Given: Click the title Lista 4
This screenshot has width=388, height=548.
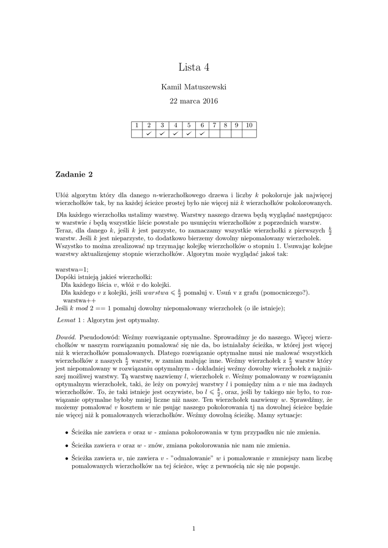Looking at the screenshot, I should click(x=194, y=67).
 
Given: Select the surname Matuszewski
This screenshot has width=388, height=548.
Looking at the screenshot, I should click(x=207, y=86).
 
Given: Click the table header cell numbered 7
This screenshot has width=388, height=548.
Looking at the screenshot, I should click(x=214, y=125).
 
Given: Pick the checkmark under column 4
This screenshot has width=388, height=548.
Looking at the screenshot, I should click(x=175, y=133).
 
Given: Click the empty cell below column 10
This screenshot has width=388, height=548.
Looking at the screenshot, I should click(x=249, y=133).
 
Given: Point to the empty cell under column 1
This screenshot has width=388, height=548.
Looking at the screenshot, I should click(x=136, y=133).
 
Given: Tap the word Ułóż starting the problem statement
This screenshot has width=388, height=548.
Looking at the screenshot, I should click(x=63, y=195).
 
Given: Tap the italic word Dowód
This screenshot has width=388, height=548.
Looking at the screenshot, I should click(x=66, y=338).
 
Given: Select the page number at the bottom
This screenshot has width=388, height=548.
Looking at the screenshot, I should click(x=194, y=529).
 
